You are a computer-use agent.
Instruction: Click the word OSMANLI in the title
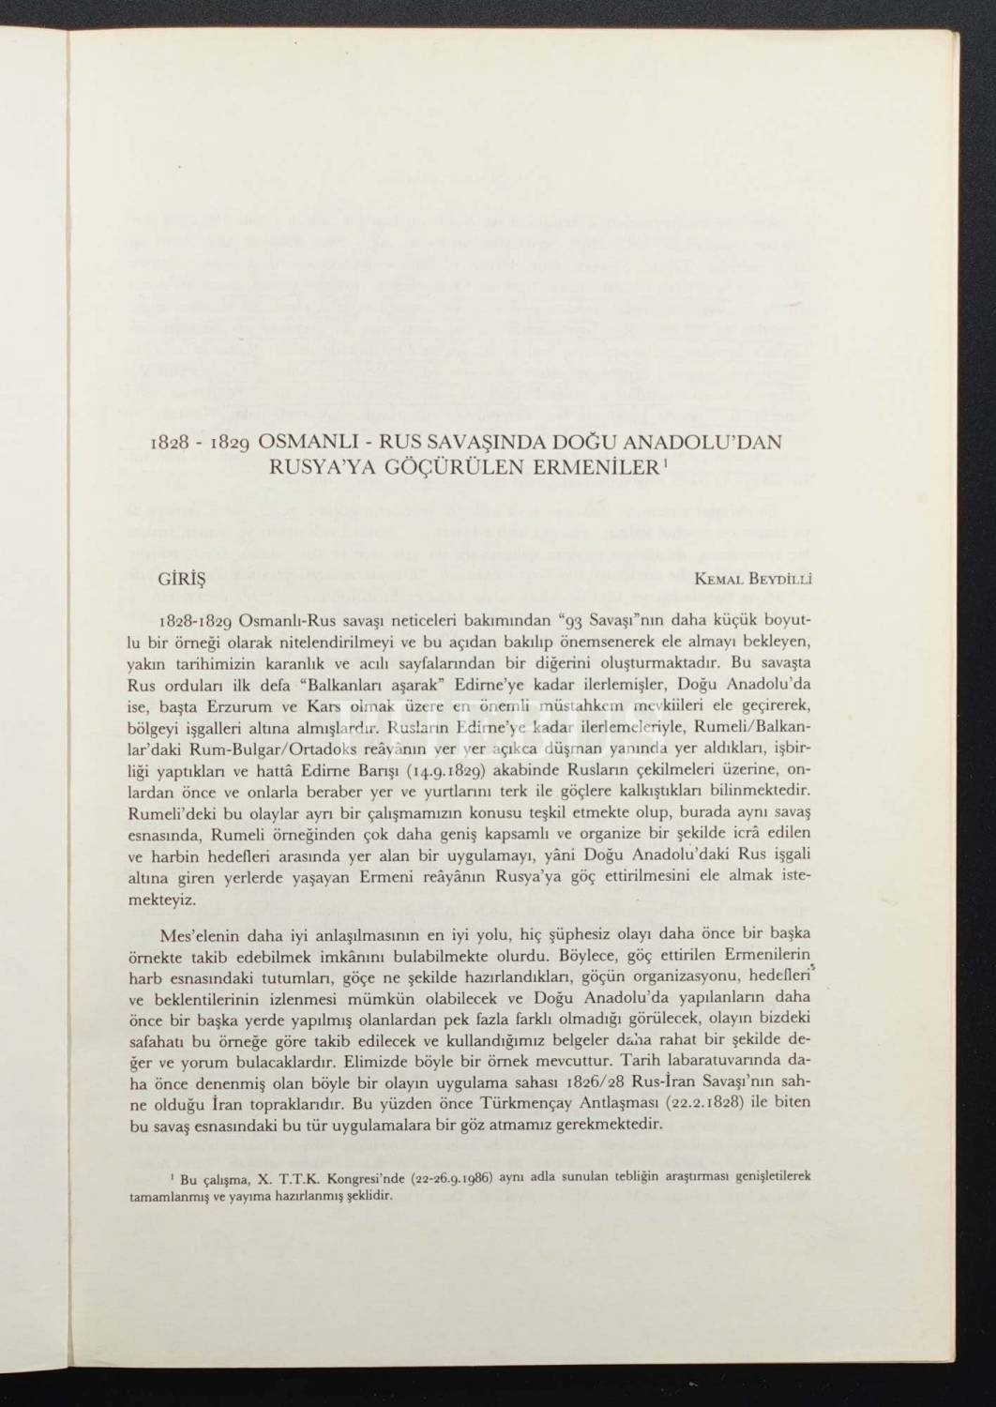click(x=308, y=442)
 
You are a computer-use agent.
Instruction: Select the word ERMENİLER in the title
click(x=596, y=466)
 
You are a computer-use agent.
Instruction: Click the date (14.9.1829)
click(x=440, y=772)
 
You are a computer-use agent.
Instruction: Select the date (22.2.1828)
click(x=701, y=1103)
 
